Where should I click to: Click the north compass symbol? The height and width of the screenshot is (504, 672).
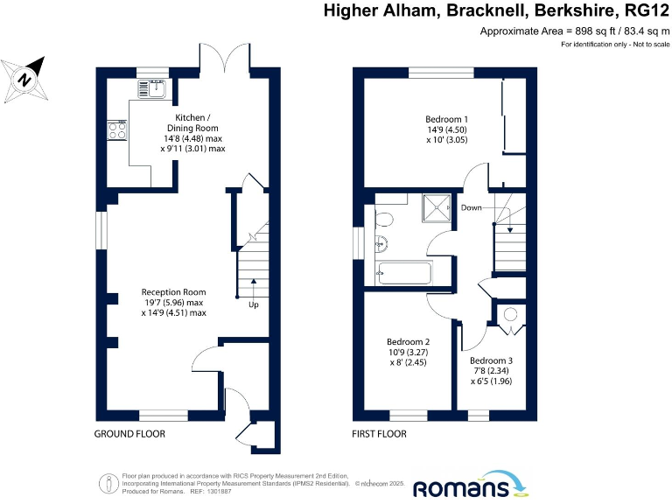pos(26,77)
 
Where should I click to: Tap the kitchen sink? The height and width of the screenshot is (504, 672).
pos(154,88)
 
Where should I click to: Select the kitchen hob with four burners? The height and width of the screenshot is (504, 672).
pos(115,130)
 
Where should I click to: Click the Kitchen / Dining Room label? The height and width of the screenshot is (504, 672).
pos(192,123)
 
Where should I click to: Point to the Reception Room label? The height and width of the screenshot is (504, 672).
pos(173,292)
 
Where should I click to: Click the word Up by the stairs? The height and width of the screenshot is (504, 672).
pos(254,304)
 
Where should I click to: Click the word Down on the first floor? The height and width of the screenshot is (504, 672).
pos(472,208)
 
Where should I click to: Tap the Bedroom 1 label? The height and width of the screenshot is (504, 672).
pos(446,119)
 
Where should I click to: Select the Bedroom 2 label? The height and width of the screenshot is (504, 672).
pos(408,342)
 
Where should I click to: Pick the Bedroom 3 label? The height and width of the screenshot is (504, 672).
pos(491,360)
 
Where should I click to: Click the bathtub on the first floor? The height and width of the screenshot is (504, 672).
pos(403,273)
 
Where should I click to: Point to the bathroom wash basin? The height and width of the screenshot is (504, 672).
pos(381,244)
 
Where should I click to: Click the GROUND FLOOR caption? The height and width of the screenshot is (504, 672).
pos(129,434)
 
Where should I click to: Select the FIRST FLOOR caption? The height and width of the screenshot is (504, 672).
pos(379,434)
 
